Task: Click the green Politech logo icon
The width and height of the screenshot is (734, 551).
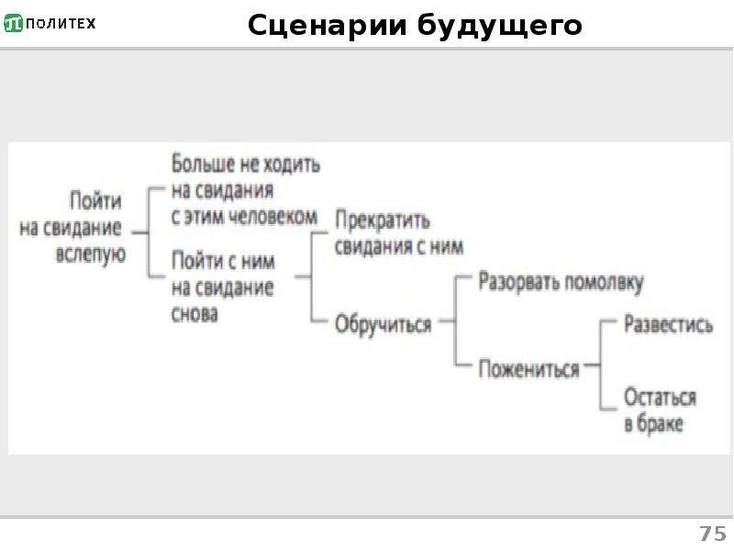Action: [13, 24]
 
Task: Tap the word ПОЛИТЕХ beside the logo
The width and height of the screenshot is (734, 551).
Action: [61, 24]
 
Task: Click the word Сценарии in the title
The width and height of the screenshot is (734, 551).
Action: [328, 26]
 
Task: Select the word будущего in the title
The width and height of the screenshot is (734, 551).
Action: [499, 27]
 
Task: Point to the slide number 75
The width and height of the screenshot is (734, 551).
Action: [713, 534]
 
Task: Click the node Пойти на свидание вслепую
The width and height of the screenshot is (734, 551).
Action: [72, 227]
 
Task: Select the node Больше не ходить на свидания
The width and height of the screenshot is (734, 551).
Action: [245, 190]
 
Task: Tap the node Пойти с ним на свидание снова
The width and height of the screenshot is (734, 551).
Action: [223, 287]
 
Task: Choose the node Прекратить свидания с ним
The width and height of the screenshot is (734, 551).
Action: [399, 233]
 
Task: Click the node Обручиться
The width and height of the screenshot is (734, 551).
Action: [383, 324]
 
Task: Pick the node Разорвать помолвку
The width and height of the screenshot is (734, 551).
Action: [561, 283]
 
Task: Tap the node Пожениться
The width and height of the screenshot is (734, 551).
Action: [528, 369]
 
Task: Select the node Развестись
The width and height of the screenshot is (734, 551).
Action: [669, 324]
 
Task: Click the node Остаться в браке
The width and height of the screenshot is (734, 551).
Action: [660, 410]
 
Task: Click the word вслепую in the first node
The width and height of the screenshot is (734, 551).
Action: [91, 254]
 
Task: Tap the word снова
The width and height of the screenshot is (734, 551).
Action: [195, 314]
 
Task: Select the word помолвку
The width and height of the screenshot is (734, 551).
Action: [604, 283]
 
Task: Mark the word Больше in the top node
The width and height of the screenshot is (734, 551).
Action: [203, 164]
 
